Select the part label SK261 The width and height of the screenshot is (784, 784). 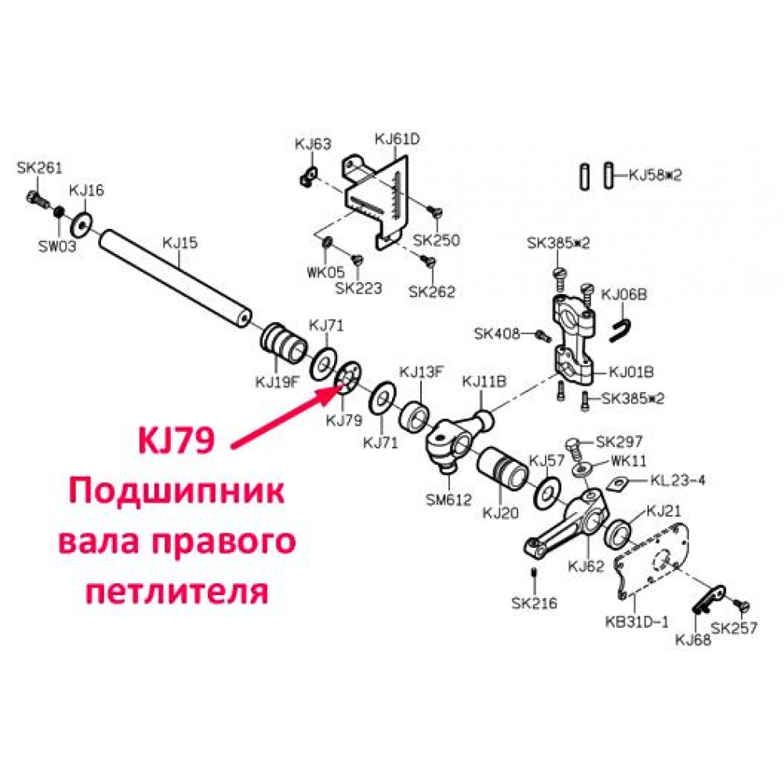coord(39,168)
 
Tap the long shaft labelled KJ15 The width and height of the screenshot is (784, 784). coord(176,278)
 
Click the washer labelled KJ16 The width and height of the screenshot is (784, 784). coord(82,224)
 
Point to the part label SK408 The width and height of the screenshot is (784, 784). coord(497,333)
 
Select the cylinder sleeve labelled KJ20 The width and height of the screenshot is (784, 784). coord(502,468)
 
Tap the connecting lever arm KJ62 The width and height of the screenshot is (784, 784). coord(567,524)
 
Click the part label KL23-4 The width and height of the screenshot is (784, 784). coord(677,481)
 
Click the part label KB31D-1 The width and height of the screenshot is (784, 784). coord(637,622)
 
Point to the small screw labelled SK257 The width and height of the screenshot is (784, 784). coord(742,606)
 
